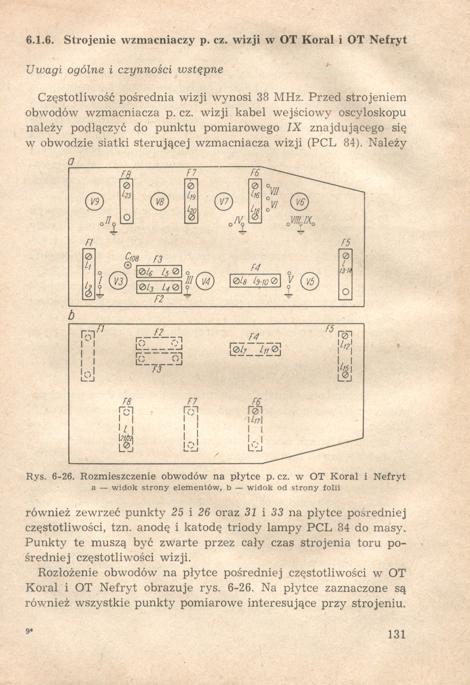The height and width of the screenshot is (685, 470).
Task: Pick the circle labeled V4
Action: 205,282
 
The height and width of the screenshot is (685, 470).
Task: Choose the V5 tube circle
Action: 310,282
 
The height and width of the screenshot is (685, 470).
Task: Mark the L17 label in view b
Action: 255,421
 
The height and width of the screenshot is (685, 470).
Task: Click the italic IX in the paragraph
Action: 294,128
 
